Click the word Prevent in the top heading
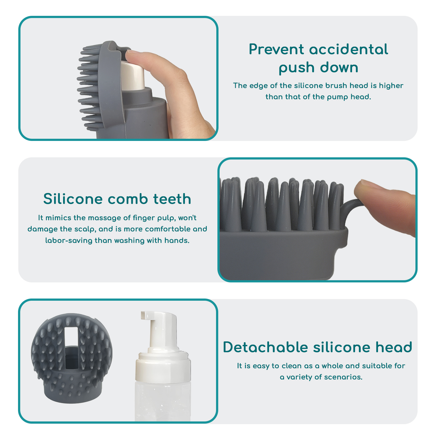[276, 49]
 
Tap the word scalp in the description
[87, 229]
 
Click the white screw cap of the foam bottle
[163, 366]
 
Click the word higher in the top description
[391, 86]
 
